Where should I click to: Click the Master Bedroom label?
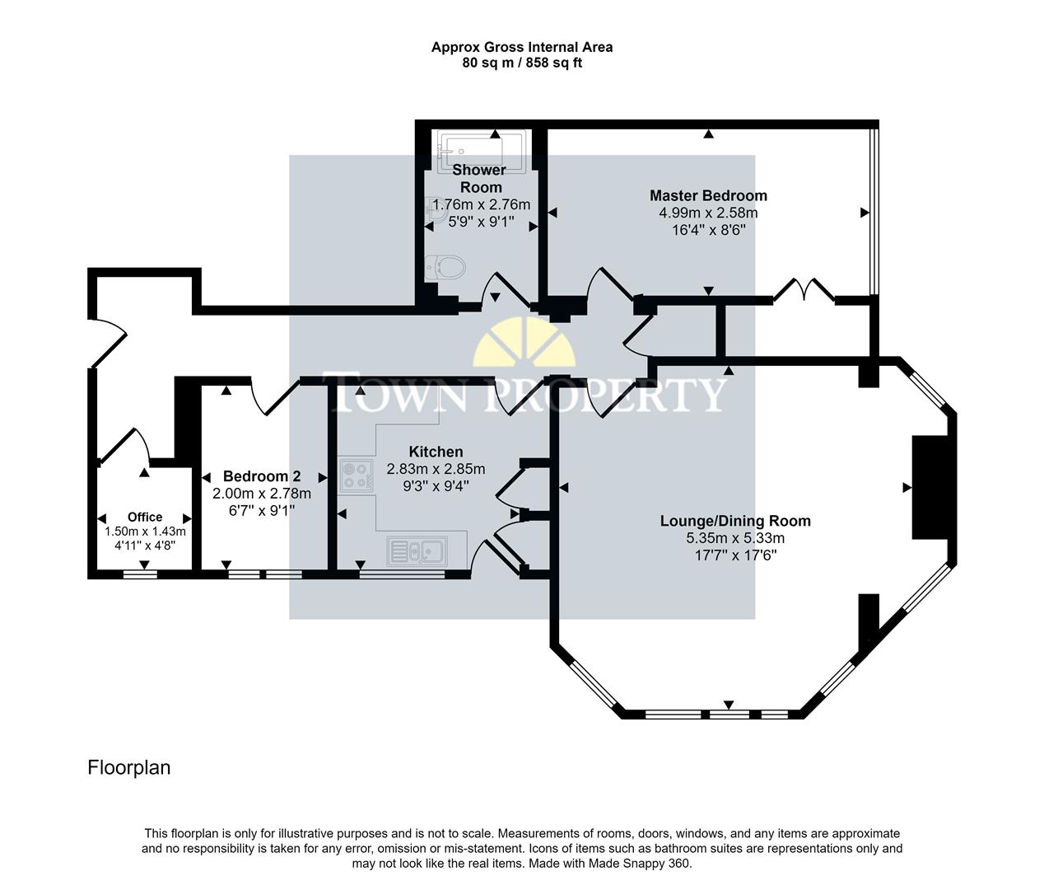click(708, 195)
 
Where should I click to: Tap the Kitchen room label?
click(436, 452)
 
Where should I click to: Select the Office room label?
click(145, 517)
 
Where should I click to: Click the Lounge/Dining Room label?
click(735, 521)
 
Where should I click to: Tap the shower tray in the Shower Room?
click(482, 150)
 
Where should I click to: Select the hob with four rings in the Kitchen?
click(356, 476)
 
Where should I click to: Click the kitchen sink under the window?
click(417, 550)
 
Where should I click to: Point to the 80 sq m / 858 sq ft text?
click(522, 63)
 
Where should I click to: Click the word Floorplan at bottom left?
click(129, 767)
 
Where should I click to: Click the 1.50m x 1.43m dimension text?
click(145, 532)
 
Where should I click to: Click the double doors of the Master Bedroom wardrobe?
click(804, 290)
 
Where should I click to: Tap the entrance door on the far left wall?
click(107, 342)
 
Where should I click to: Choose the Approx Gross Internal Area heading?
click(522, 47)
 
